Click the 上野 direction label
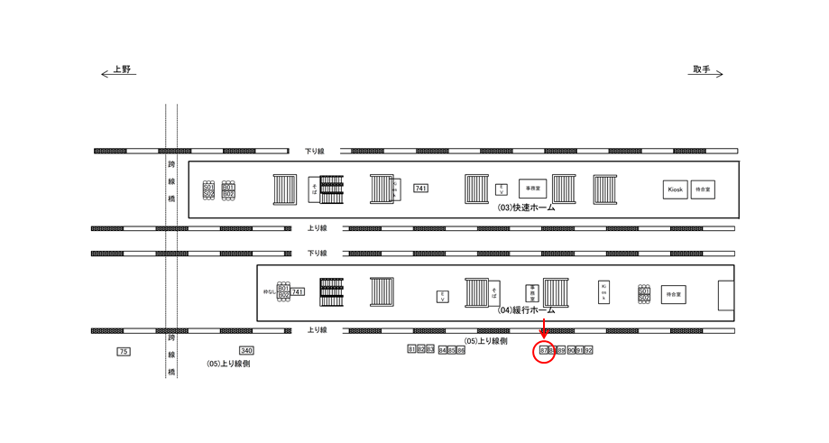(x=121, y=69)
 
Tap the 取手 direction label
(x=702, y=69)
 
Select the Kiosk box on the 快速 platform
(x=676, y=189)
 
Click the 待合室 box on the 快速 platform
(x=703, y=189)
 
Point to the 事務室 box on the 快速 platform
(x=532, y=189)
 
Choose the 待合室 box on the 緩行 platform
(x=673, y=294)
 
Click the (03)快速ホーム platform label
(x=526, y=208)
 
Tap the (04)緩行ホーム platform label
(x=526, y=309)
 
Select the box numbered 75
(x=124, y=351)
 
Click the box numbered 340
(x=246, y=350)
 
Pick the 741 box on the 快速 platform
(x=420, y=188)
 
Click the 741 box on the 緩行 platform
(x=298, y=292)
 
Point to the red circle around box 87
(x=543, y=351)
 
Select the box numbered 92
(x=588, y=350)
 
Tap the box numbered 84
(x=443, y=350)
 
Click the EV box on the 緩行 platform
(x=443, y=297)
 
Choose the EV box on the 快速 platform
(x=502, y=189)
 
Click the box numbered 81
(x=412, y=349)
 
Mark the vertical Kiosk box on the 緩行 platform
(x=603, y=292)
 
